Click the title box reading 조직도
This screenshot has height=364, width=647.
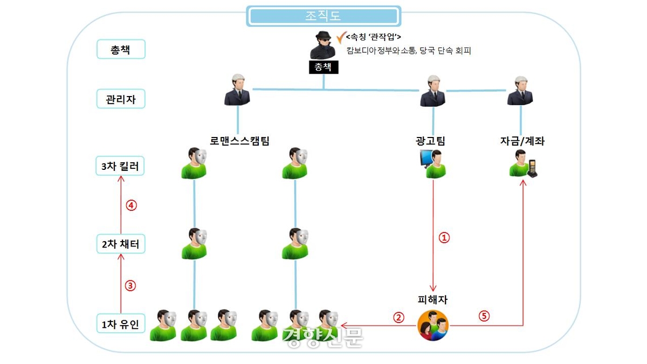[x=323, y=16]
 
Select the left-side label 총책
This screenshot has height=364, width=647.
[x=120, y=50]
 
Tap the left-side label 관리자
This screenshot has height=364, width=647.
[x=120, y=99]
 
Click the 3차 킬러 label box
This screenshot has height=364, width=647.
[x=120, y=167]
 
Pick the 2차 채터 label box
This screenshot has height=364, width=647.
[x=120, y=244]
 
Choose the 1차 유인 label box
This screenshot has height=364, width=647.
[x=120, y=325]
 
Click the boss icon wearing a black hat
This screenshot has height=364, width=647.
[x=323, y=45]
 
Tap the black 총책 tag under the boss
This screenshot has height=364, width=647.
[x=323, y=67]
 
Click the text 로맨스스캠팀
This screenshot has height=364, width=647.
[x=239, y=141]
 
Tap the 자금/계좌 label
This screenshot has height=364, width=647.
[x=521, y=141]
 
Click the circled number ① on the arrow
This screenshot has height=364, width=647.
[x=444, y=237]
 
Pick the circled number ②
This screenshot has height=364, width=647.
[x=398, y=317]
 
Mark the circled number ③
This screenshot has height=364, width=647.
[x=130, y=286]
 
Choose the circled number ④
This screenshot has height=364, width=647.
[x=130, y=205]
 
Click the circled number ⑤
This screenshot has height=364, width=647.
[x=484, y=317]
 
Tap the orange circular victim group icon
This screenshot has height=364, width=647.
[x=433, y=326]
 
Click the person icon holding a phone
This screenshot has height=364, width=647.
[x=522, y=163]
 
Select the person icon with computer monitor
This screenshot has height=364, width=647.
[x=433, y=163]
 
